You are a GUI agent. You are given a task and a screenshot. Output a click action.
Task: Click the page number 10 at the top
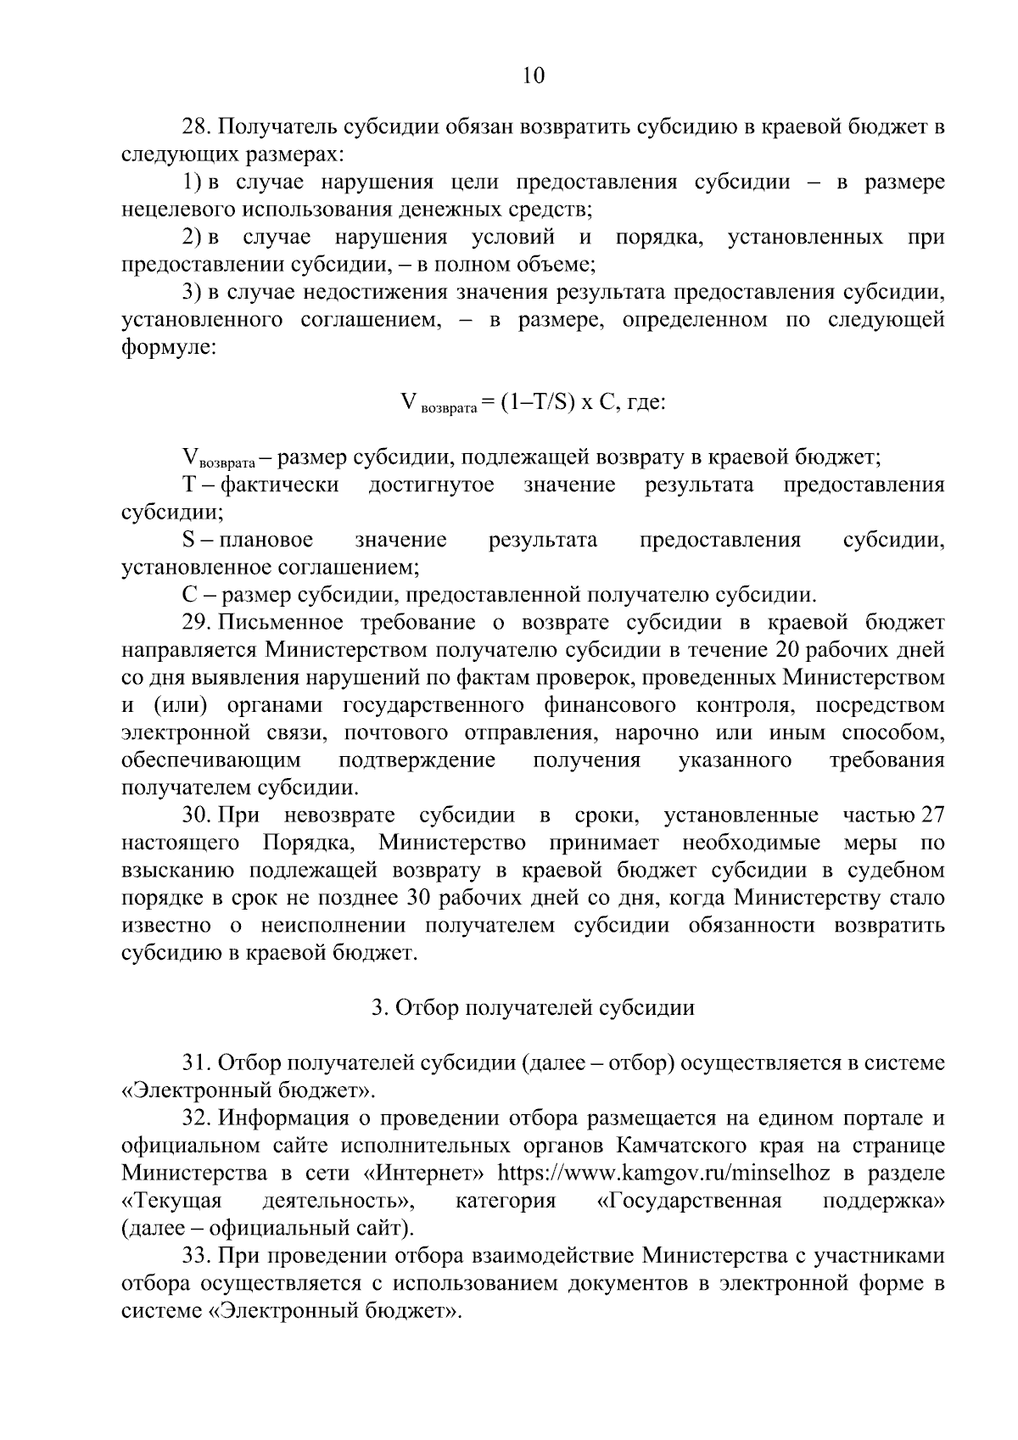coord(533,76)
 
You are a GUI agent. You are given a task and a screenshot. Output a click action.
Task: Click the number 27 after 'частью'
coord(932,815)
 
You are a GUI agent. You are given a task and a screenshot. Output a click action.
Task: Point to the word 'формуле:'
coord(169,348)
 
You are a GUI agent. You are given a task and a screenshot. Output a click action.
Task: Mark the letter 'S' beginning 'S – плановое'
coord(188,541)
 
